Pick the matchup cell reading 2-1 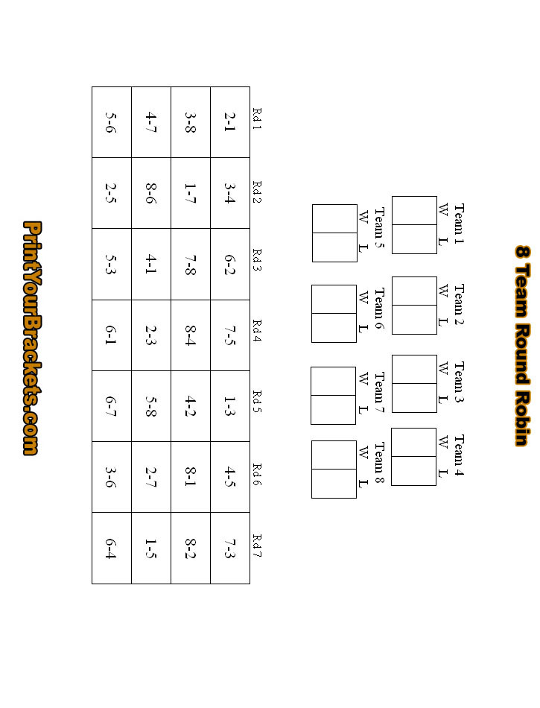click(x=229, y=121)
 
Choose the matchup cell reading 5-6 click(x=111, y=121)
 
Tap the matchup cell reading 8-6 click(x=150, y=192)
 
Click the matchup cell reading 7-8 click(x=190, y=264)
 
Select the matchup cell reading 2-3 click(x=150, y=335)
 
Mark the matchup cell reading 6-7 click(x=111, y=405)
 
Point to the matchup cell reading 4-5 click(x=229, y=476)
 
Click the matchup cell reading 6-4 click(x=111, y=548)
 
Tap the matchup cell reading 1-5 click(x=150, y=548)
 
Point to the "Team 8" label click(x=379, y=463)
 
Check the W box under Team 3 click(x=413, y=369)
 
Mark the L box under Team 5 click(x=334, y=247)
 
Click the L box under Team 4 click(x=413, y=470)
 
